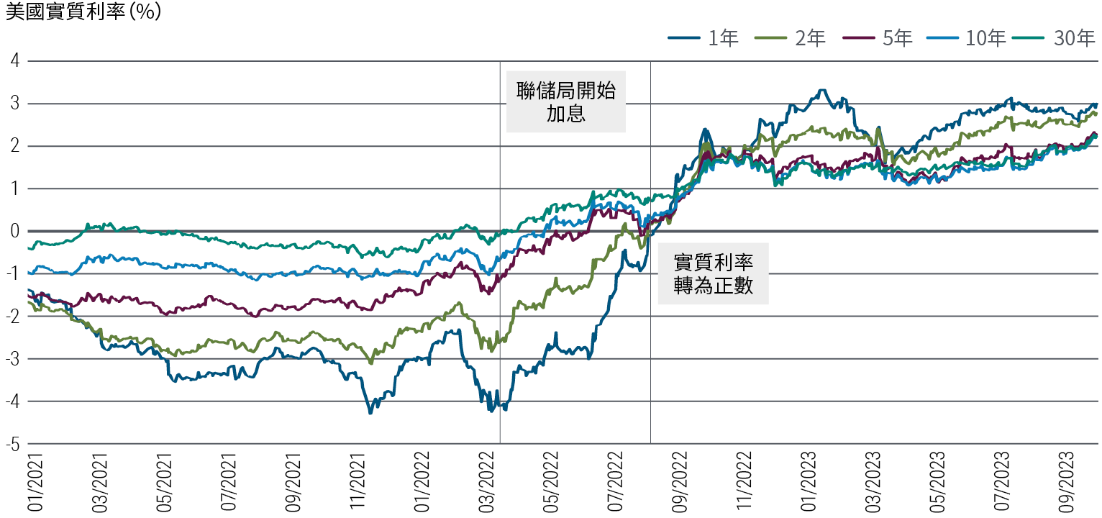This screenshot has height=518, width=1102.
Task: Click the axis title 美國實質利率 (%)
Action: [83, 13]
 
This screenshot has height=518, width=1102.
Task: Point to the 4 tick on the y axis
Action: [14, 61]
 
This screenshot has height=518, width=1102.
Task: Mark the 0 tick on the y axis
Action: [14, 232]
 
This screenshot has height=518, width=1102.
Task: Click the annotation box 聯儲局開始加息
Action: [566, 101]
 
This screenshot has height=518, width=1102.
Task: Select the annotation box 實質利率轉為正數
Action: [713, 273]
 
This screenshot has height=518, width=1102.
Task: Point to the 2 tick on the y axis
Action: [14, 147]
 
